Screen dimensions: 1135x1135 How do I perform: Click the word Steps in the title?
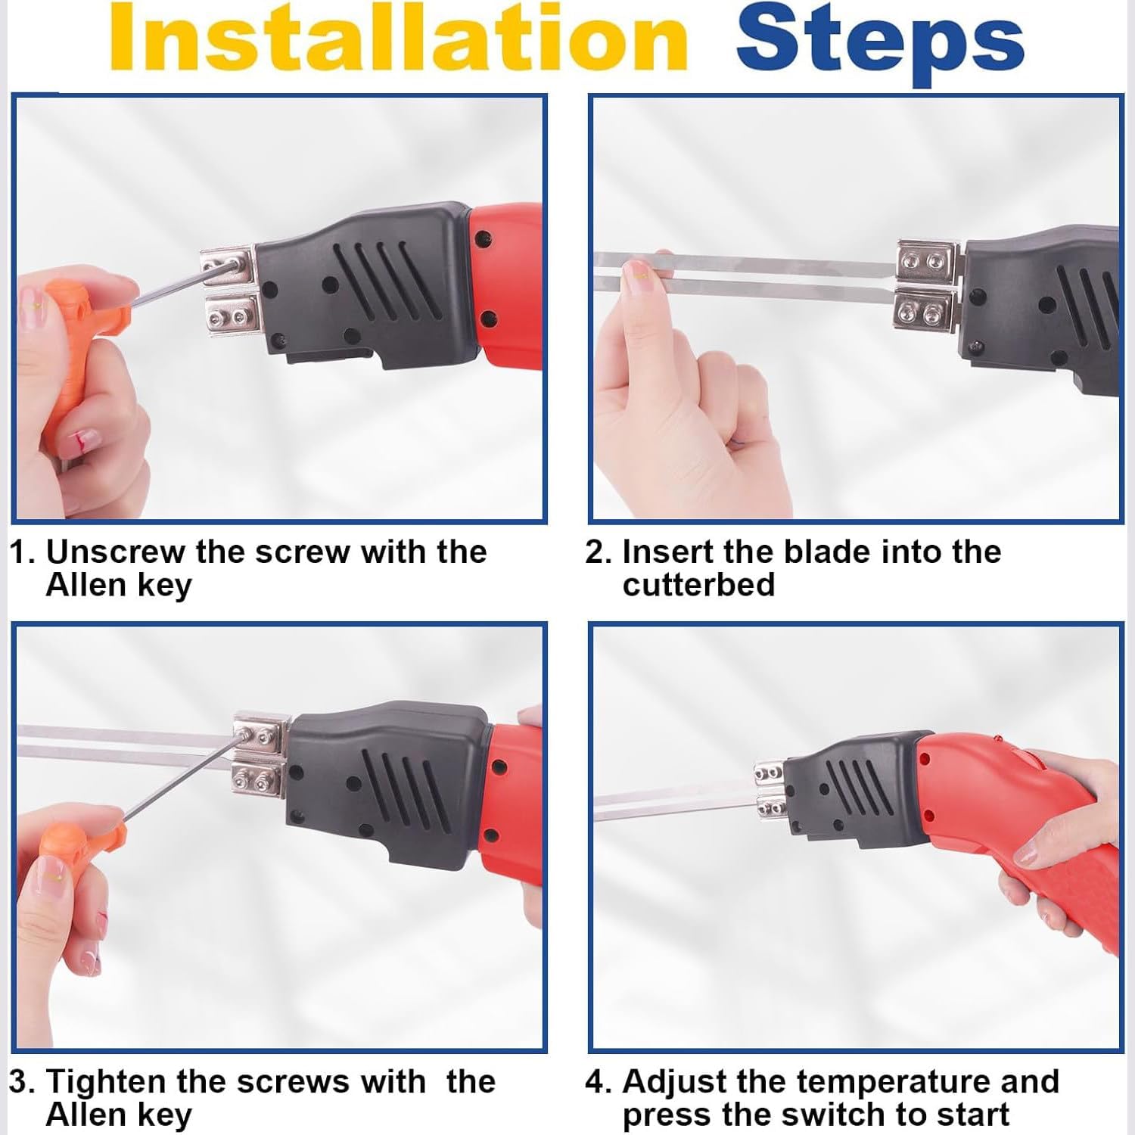879,42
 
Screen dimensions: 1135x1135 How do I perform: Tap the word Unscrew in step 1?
115,552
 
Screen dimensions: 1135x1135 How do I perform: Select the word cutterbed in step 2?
698,585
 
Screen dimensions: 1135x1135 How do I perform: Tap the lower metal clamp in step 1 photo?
232,316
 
